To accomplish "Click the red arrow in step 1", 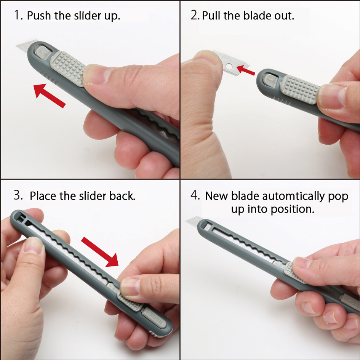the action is (49, 95).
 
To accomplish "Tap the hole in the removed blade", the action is (229, 67).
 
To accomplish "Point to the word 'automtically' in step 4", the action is (294, 196).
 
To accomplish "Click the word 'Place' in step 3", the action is (43, 196).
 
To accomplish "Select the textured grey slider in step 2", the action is (300, 90).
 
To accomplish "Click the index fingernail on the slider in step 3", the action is (130, 287).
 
